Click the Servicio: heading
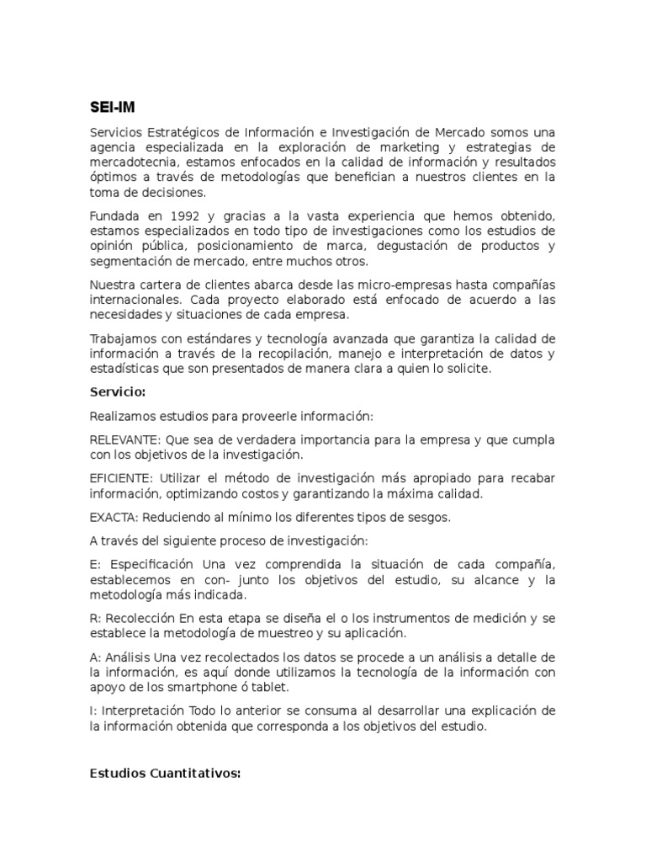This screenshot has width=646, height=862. (x=118, y=392)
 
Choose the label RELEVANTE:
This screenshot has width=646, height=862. (x=125, y=440)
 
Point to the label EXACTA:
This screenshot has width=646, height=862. (x=114, y=517)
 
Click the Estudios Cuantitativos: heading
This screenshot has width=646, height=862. (x=165, y=773)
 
